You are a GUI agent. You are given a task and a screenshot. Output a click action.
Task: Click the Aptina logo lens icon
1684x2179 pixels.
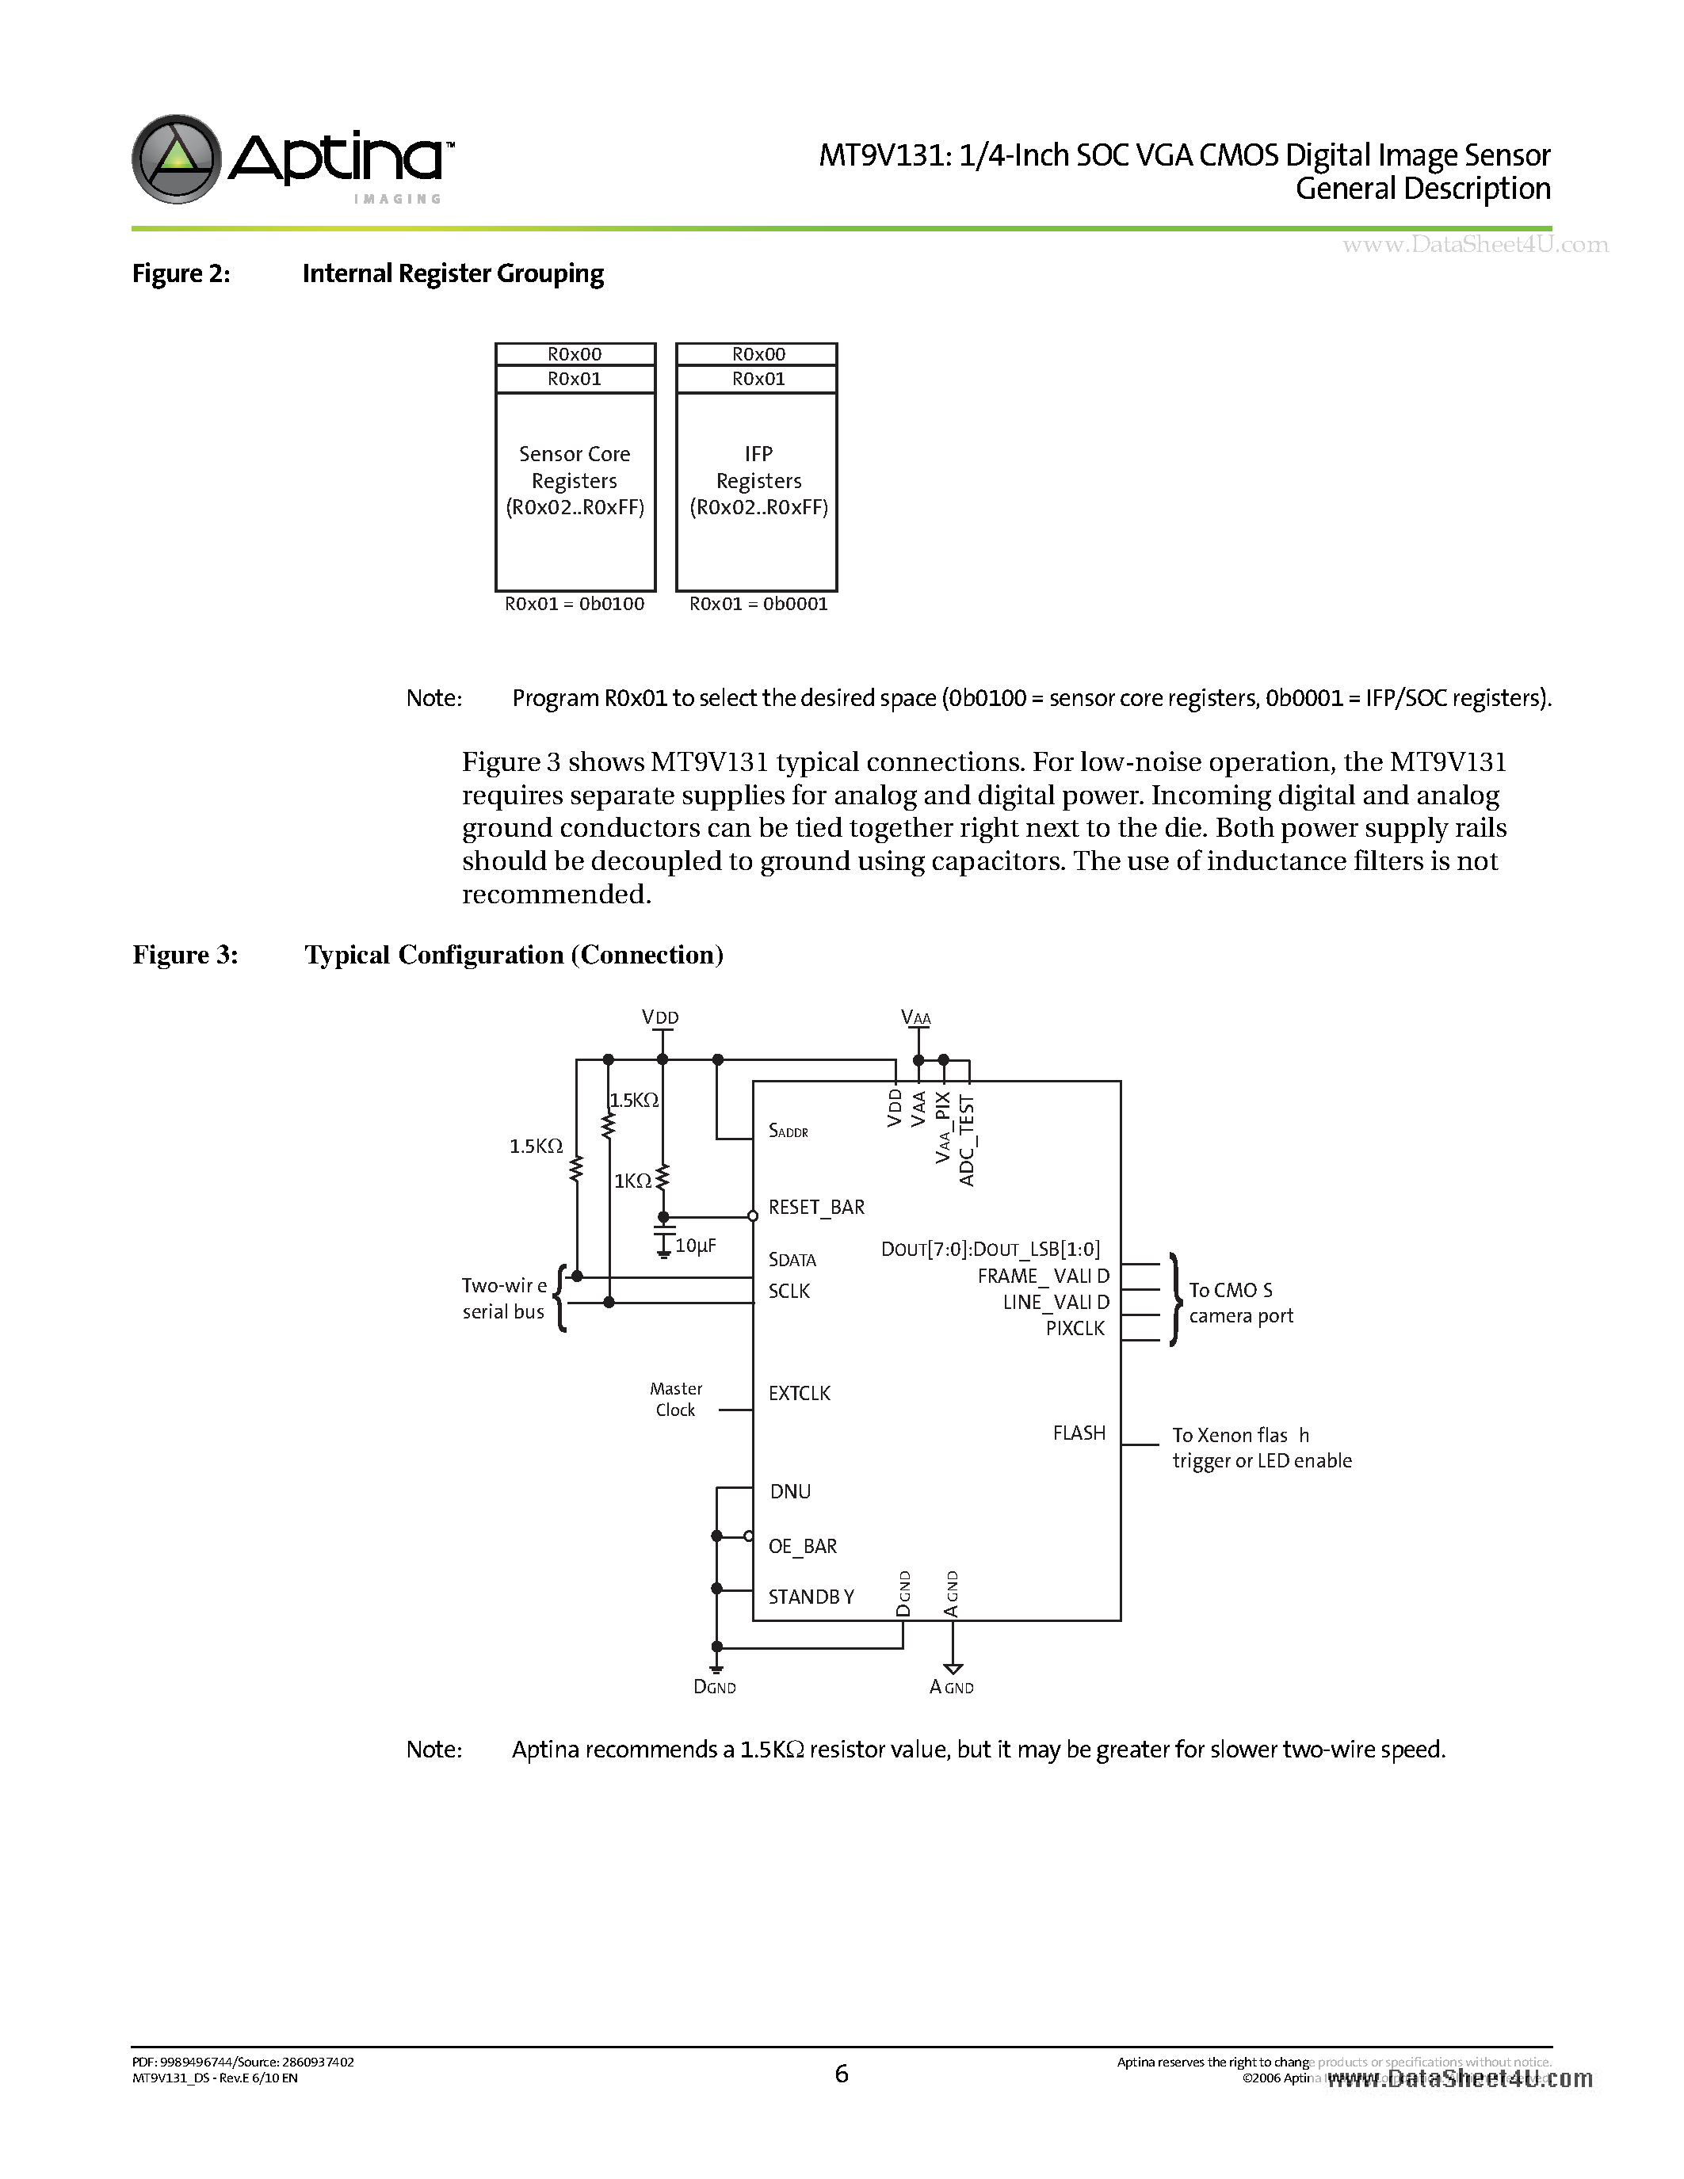(x=177, y=158)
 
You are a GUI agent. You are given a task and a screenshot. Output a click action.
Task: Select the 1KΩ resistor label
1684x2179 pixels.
(x=632, y=1181)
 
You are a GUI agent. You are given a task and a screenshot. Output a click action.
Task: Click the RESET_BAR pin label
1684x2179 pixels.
(x=816, y=1208)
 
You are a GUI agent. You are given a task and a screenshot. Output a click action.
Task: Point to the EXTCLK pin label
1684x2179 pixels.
(x=799, y=1393)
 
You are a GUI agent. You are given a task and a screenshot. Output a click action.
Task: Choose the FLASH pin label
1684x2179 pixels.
(x=1079, y=1433)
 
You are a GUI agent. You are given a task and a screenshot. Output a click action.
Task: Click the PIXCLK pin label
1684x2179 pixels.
(x=1075, y=1328)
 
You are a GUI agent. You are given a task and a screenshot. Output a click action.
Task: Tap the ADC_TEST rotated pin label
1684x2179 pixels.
(x=966, y=1140)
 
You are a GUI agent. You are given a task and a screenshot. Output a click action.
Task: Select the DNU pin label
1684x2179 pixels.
(x=790, y=1490)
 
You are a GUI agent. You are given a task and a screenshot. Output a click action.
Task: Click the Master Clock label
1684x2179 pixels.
(x=675, y=1399)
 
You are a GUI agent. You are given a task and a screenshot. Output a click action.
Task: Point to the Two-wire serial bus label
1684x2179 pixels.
(x=504, y=1298)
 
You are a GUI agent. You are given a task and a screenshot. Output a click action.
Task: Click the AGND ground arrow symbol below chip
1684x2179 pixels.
(x=953, y=1667)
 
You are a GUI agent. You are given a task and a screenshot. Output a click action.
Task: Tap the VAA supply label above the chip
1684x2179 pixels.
(x=916, y=1017)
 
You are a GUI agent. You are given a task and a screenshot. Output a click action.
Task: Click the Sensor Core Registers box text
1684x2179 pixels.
(x=575, y=481)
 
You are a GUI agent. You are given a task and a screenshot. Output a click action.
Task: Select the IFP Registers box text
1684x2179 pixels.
(x=758, y=481)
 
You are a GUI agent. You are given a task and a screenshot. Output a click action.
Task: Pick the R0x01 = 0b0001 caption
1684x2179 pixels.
(x=758, y=604)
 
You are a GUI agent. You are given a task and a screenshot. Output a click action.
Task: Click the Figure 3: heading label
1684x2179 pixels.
(x=185, y=955)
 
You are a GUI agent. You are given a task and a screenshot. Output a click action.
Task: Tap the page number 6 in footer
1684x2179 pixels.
(x=841, y=2074)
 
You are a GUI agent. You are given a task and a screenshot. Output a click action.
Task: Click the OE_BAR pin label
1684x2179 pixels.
(x=802, y=1545)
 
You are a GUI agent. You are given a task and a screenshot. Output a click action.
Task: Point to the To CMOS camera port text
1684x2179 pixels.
(x=1240, y=1303)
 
